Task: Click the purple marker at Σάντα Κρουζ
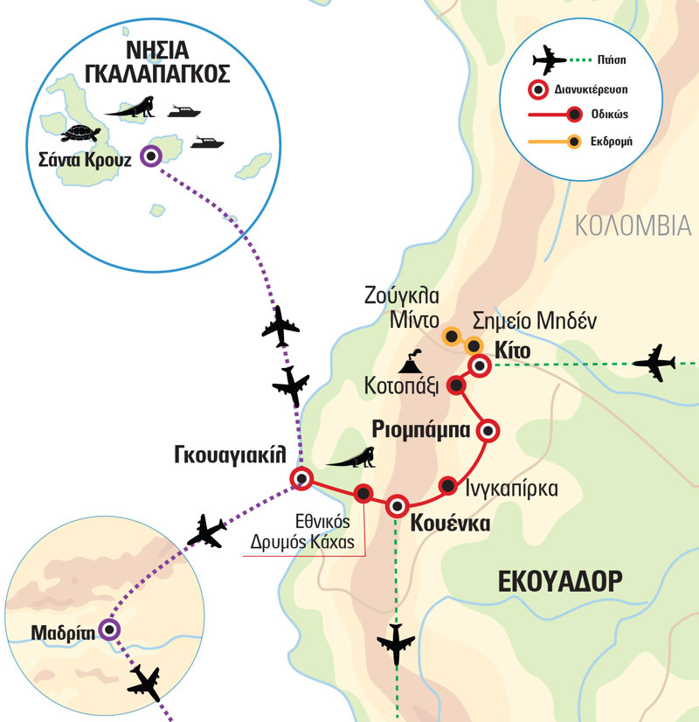[x=152, y=157]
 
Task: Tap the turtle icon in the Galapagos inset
[x=82, y=133]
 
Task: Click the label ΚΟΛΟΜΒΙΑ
[x=633, y=226]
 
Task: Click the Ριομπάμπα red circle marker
[x=488, y=430]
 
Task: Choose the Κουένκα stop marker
[x=398, y=505]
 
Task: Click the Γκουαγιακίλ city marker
[x=301, y=478]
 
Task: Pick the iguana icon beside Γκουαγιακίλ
[x=353, y=457]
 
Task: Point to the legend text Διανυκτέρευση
[x=597, y=87]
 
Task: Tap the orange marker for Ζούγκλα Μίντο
[x=451, y=335]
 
